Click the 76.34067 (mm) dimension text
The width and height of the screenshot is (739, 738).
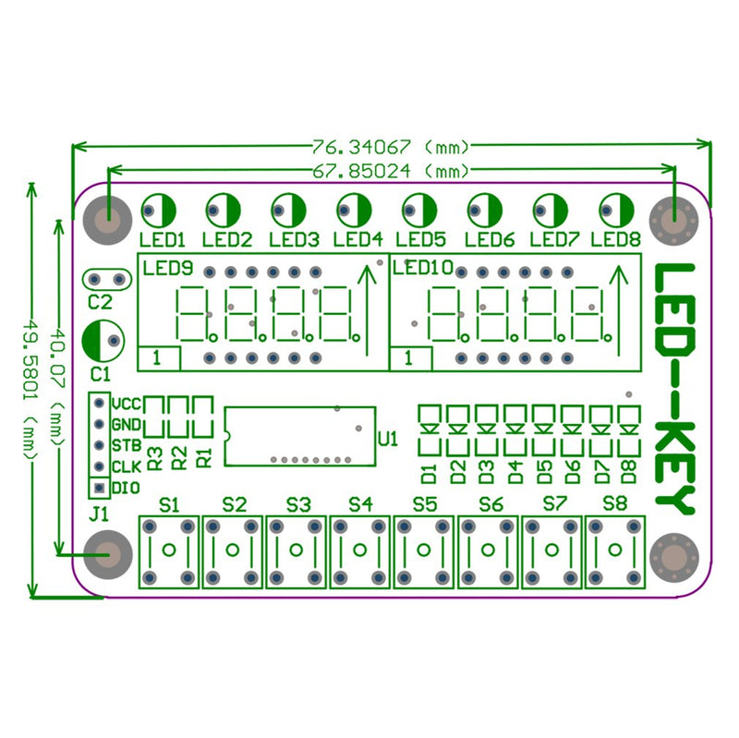tap(392, 146)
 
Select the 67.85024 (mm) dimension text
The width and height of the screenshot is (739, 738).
tap(392, 170)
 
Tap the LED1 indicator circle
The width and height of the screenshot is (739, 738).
tap(159, 211)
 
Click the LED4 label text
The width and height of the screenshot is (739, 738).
tap(357, 239)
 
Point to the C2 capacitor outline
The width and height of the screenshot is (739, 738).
tap(106, 278)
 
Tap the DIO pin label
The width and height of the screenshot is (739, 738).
tap(125, 487)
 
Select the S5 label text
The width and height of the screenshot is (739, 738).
tap(424, 504)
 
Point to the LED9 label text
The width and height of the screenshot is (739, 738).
tap(167, 269)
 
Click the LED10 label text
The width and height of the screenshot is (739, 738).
tap(422, 268)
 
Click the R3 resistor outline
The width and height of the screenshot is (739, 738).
tap(154, 417)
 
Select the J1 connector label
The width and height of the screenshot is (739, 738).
tap(99, 514)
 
